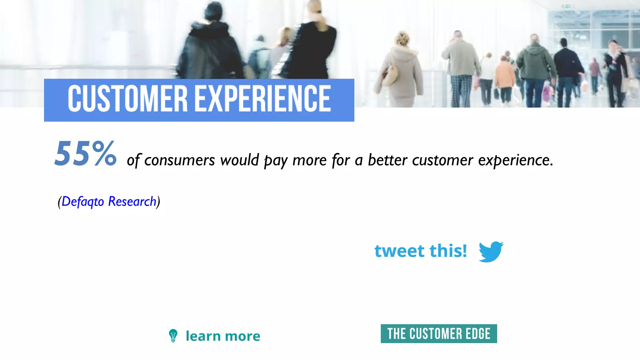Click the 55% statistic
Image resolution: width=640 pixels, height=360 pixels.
(x=85, y=153)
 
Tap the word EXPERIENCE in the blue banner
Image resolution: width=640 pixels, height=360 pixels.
(x=263, y=99)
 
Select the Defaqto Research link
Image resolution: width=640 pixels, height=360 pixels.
(x=109, y=202)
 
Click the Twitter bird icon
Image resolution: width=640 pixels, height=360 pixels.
(x=491, y=251)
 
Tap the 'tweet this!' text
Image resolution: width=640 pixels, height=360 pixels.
(x=421, y=251)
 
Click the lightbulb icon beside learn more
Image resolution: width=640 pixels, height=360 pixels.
(x=173, y=336)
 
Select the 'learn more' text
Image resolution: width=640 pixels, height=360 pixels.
(x=223, y=336)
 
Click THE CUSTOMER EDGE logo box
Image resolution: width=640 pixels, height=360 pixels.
(x=439, y=334)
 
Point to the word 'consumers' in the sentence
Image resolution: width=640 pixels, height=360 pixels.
(x=180, y=160)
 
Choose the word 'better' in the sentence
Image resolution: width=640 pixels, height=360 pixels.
(x=387, y=160)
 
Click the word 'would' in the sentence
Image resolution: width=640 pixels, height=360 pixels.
(x=240, y=160)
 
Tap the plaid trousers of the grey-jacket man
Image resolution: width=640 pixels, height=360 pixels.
(x=461, y=91)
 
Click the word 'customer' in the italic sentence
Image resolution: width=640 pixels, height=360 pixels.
(x=442, y=160)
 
